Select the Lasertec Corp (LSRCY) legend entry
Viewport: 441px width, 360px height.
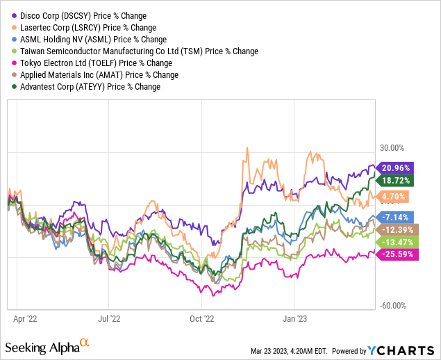[86, 27]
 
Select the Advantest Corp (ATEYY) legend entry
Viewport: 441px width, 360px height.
[90, 86]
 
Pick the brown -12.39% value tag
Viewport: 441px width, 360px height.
[397, 229]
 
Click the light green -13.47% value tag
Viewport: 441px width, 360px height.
[397, 242]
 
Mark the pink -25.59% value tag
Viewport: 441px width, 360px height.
[397, 255]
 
